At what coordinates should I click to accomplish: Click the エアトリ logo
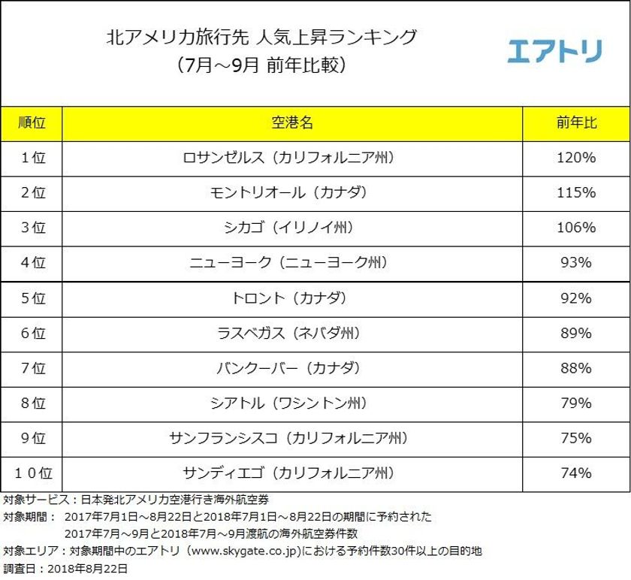coord(554,51)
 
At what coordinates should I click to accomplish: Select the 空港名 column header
coord(291,123)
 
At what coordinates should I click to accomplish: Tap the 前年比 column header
coord(576,123)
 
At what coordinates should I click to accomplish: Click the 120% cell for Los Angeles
coord(576,159)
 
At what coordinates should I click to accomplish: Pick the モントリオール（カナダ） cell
coord(291,193)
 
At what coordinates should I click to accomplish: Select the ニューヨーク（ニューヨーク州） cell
coord(291,263)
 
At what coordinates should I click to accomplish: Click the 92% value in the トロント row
coord(576,298)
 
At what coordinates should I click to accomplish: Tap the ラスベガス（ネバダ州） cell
coord(291,333)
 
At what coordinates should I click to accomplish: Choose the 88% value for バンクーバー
coord(576,368)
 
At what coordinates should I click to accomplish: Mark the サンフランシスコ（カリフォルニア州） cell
coord(291,438)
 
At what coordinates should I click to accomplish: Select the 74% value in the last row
coord(576,473)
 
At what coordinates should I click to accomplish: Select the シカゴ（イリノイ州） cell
coord(291,228)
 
